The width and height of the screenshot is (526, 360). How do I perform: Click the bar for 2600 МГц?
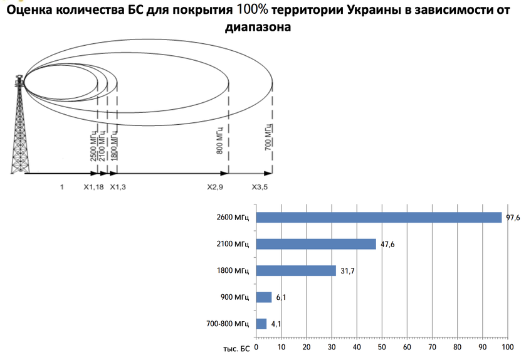click(x=379, y=218)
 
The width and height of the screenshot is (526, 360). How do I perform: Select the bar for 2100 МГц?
click(x=316, y=244)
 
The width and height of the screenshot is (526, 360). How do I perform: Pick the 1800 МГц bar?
click(x=296, y=271)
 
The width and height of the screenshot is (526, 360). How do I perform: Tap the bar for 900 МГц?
click(x=264, y=297)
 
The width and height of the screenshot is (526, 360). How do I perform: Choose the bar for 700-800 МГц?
click(x=261, y=324)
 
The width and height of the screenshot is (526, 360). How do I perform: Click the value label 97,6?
click(x=512, y=218)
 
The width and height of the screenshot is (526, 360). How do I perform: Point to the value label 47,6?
click(x=387, y=244)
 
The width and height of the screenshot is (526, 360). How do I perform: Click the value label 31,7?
click(x=347, y=271)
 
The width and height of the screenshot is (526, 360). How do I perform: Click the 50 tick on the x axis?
click(x=382, y=346)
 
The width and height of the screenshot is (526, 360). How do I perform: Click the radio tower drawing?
click(x=20, y=125)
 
